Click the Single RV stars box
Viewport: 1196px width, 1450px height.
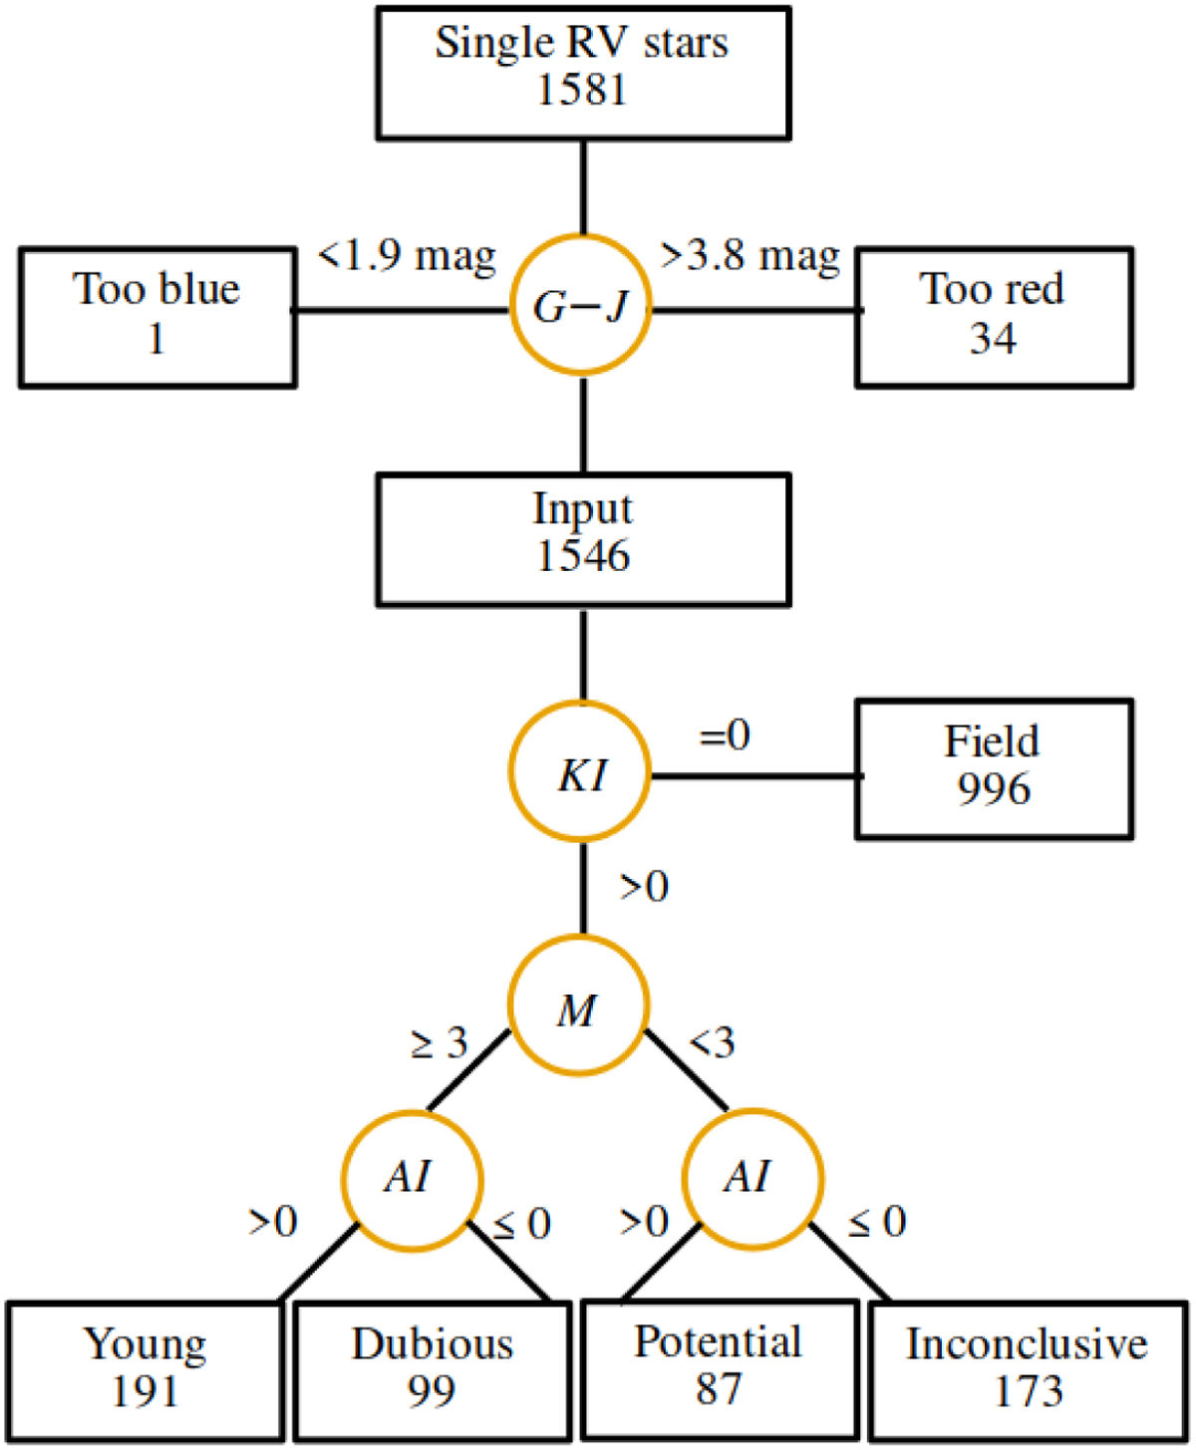pos(583,72)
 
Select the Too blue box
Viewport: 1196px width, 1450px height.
pos(157,316)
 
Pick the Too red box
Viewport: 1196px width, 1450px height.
pos(994,316)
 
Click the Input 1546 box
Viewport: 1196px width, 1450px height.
pos(583,539)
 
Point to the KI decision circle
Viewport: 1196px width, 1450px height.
pos(580,773)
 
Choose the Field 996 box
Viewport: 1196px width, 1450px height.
pos(994,768)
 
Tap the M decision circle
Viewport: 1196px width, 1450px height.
pos(579,1009)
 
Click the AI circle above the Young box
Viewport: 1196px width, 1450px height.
pos(412,1178)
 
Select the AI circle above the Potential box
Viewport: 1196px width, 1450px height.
pos(752,1178)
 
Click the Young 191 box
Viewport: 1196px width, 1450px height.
pos(146,1369)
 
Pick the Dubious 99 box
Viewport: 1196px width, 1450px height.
pos(433,1369)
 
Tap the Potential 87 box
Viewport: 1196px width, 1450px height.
pos(719,1367)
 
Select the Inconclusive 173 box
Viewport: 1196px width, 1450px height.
pos(1028,1369)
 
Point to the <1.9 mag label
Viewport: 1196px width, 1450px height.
pos(407,257)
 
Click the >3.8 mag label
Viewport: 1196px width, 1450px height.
pos(750,257)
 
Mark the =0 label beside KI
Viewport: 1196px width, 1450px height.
pos(725,735)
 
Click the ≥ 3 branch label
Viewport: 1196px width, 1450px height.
pos(440,1043)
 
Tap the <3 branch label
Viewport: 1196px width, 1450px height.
pos(713,1043)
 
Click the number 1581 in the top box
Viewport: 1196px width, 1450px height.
pos(582,91)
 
